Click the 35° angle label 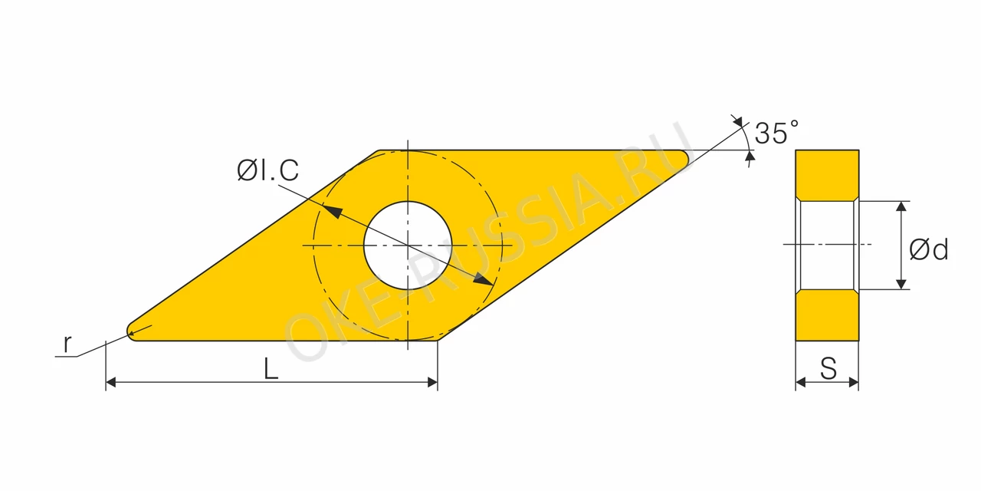coord(776,132)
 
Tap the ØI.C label coord(268,170)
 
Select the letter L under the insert coord(271,369)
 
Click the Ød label coord(928,250)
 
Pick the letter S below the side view coord(828,368)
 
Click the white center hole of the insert coord(408,245)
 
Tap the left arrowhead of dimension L coord(111,382)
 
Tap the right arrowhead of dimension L coord(432,382)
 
